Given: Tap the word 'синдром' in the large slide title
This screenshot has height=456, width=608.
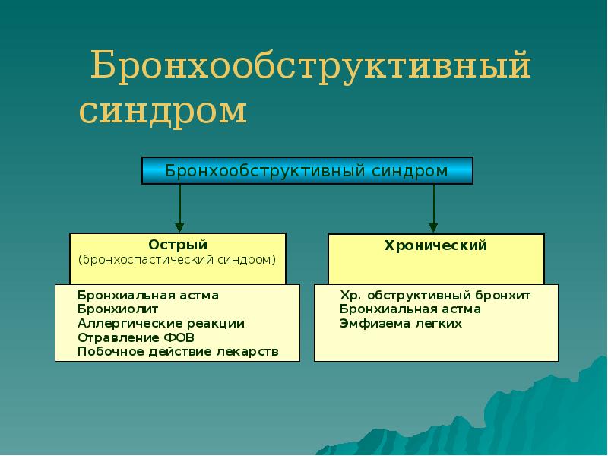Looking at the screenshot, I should click(163, 111).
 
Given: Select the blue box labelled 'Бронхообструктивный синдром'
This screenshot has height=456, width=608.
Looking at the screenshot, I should click(307, 171).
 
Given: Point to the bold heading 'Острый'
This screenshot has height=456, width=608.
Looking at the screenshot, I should click(178, 245).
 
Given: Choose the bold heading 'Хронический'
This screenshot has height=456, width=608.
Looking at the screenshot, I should click(435, 246).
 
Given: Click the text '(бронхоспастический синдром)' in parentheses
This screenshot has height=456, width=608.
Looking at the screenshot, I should click(177, 260).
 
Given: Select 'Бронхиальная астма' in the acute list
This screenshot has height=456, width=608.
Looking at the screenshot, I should click(148, 295).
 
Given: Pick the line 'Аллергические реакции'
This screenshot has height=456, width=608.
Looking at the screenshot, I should click(161, 323).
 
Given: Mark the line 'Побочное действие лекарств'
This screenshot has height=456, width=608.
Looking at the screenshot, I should click(178, 352).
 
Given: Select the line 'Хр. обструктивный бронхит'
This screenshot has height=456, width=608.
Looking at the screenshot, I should click(435, 295).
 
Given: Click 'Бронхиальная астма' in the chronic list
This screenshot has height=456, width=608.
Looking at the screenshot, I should click(410, 309).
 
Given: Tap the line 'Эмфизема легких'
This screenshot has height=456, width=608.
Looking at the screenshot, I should click(401, 323).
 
